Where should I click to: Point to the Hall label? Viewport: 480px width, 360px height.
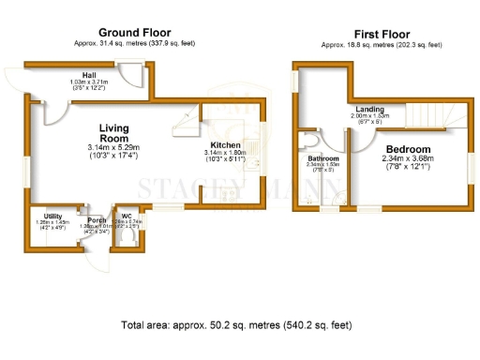coord(90,75)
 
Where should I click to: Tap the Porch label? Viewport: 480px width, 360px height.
coord(97,219)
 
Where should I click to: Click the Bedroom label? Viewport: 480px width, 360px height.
coord(408,149)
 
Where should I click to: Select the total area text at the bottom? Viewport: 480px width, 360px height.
coord(236,325)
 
